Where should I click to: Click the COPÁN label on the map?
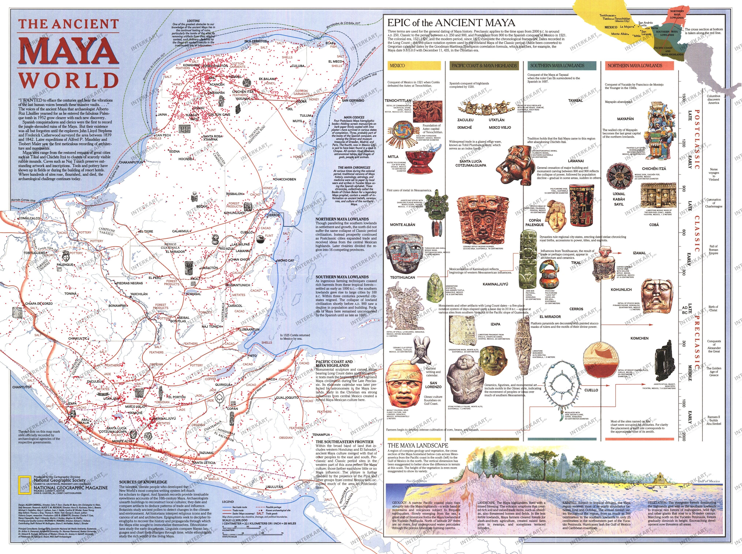click(x=232, y=408)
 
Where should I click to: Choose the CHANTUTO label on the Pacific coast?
click(x=21, y=387)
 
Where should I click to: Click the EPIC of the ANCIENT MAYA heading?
click(x=451, y=23)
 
